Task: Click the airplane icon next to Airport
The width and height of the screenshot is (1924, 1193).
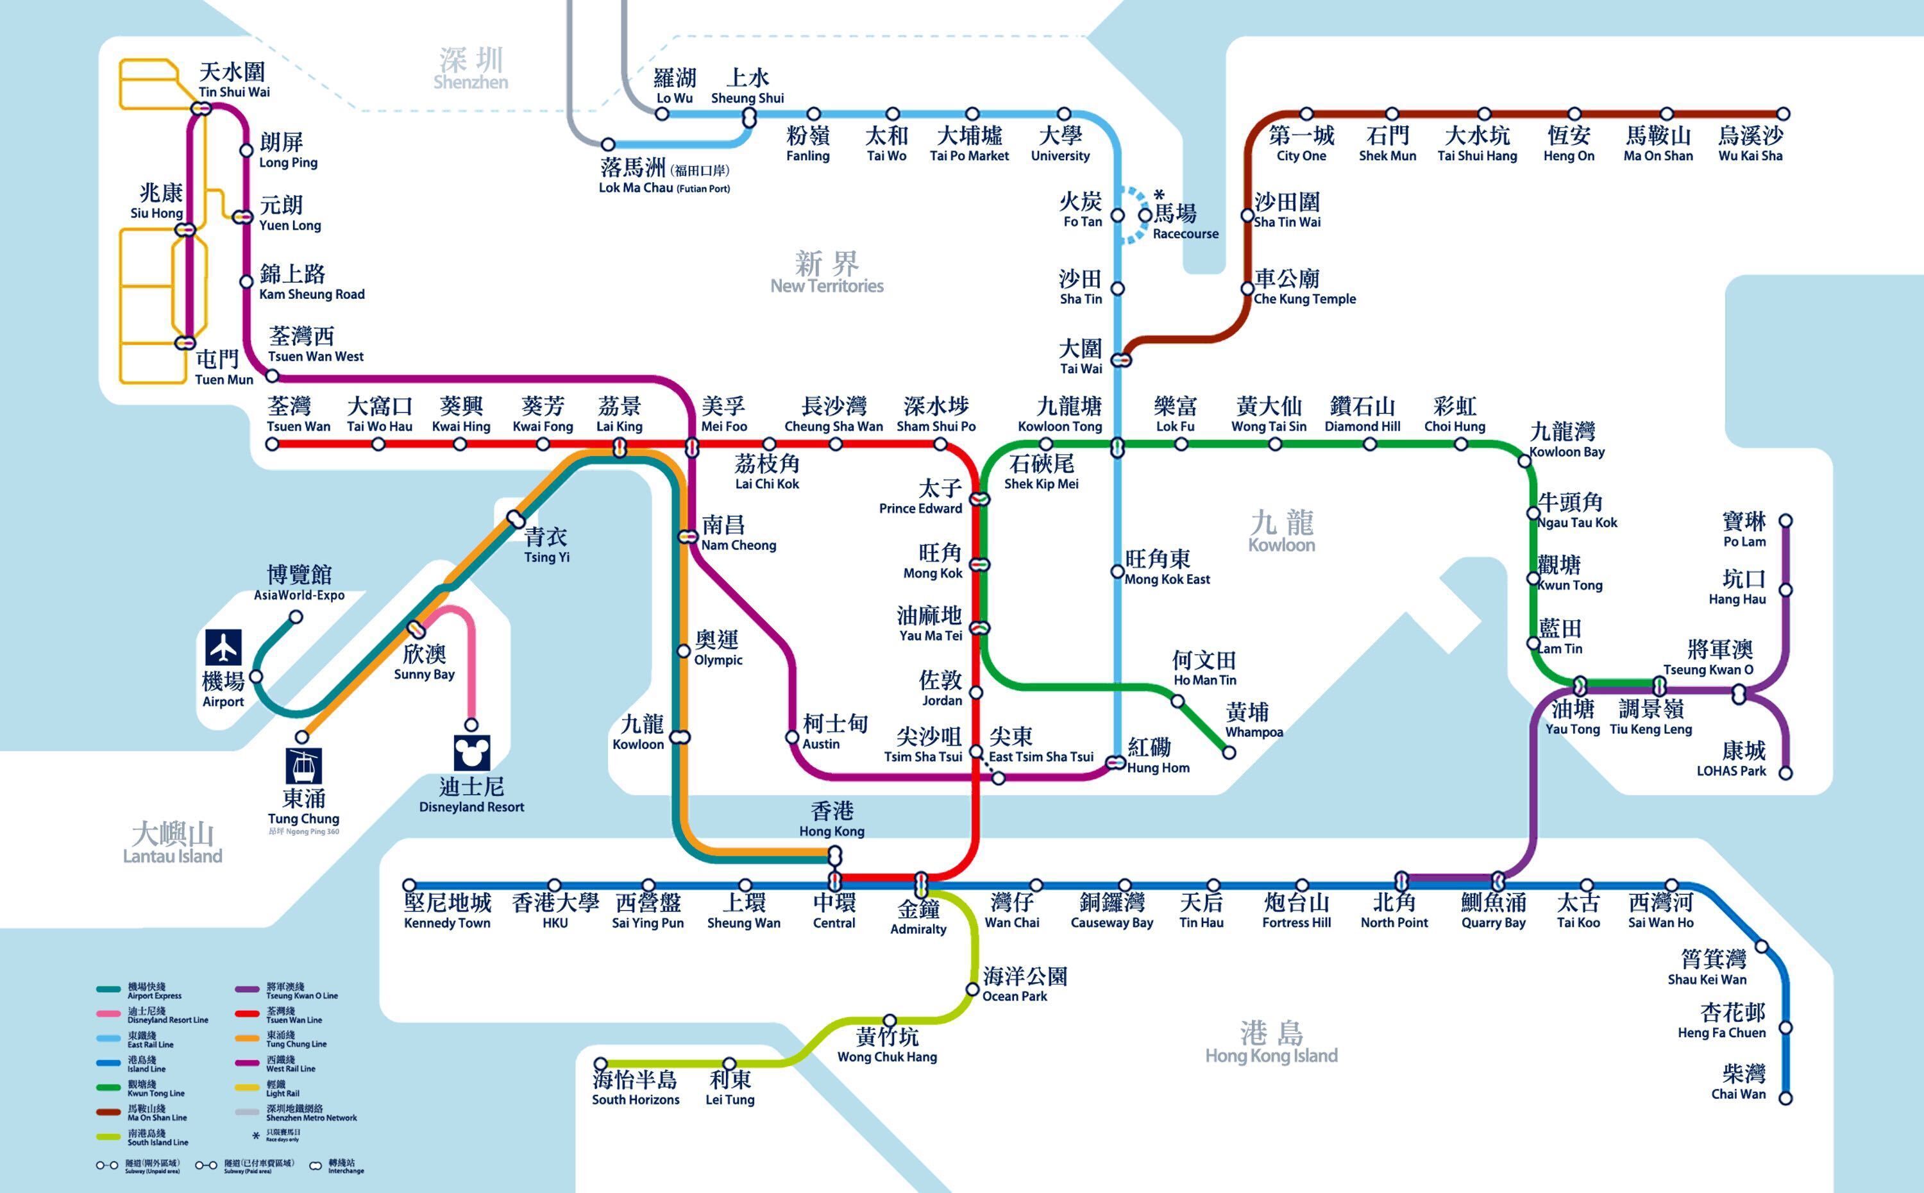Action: click(x=224, y=647)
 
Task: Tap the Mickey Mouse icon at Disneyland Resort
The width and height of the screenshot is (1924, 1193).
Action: click(x=472, y=753)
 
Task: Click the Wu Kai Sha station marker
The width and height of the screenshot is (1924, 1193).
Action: click(x=1783, y=114)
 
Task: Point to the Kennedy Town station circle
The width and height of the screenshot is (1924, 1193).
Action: click(x=409, y=885)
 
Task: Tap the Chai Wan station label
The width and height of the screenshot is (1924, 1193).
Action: click(x=1738, y=1082)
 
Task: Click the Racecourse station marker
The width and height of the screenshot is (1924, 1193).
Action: click(x=1145, y=215)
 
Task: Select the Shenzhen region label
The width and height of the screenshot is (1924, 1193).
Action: click(x=471, y=69)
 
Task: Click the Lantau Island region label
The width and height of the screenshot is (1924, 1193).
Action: click(x=172, y=843)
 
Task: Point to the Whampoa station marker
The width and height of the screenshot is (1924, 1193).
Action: click(x=1228, y=753)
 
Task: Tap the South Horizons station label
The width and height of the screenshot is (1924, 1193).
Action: click(x=635, y=1088)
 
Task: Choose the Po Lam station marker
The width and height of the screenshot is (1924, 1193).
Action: click(x=1786, y=521)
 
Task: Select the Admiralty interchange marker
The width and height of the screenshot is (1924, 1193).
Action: click(x=920, y=882)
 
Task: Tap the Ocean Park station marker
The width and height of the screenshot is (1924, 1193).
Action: click(x=973, y=990)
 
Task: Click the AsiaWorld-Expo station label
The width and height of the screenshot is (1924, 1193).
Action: click(x=299, y=582)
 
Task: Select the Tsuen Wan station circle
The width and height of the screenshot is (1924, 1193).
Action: click(x=272, y=444)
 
